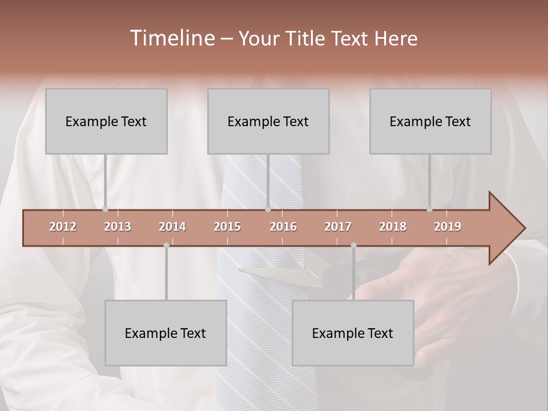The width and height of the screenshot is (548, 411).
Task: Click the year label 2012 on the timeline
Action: pyautogui.click(x=63, y=227)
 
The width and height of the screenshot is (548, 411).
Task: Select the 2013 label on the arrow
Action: pyautogui.click(x=118, y=227)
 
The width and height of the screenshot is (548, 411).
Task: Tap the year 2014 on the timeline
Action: pyautogui.click(x=172, y=227)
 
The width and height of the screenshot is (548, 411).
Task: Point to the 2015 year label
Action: pyautogui.click(x=227, y=227)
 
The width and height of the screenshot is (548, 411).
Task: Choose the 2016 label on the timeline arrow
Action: pyautogui.click(x=283, y=227)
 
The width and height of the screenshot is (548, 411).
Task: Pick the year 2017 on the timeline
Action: pyautogui.click(x=338, y=227)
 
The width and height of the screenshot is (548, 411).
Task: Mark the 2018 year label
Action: pyautogui.click(x=393, y=227)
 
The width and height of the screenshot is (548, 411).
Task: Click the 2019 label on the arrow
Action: pyautogui.click(x=448, y=227)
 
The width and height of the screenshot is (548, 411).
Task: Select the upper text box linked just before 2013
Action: pyautogui.click(x=106, y=121)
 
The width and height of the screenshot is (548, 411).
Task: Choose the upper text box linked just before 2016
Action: pyautogui.click(x=268, y=121)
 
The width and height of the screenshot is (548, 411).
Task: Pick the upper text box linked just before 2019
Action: pyautogui.click(x=430, y=121)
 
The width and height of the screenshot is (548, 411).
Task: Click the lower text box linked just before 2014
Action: pyautogui.click(x=166, y=333)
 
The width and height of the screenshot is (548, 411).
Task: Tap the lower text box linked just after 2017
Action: pyautogui.click(x=353, y=333)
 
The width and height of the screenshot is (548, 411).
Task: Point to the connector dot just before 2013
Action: pyautogui.click(x=105, y=209)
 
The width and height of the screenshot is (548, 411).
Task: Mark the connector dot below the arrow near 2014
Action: pyautogui.click(x=166, y=245)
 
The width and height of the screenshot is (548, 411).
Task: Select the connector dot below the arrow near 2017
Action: pyautogui.click(x=353, y=245)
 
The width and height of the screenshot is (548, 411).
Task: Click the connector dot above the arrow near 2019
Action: pyautogui.click(x=429, y=209)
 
